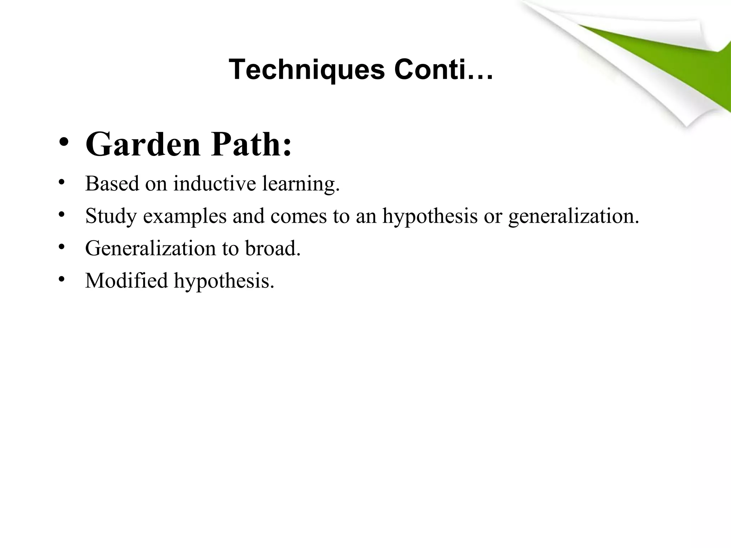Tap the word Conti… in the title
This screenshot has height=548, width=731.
(x=444, y=70)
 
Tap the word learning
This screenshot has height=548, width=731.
(x=301, y=184)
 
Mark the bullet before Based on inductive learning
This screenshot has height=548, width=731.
(x=61, y=182)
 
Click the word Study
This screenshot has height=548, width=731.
(x=111, y=216)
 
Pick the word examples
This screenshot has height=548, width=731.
(x=185, y=216)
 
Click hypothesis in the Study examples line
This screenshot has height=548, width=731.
(x=430, y=216)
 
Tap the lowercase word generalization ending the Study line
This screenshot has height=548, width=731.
(x=574, y=216)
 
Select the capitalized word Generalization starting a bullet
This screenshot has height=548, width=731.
(x=150, y=248)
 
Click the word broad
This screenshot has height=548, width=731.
(x=273, y=248)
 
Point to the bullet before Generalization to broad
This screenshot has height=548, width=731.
(x=61, y=247)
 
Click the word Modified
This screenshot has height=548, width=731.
(x=126, y=280)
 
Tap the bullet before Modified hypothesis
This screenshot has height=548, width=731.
(x=61, y=279)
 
